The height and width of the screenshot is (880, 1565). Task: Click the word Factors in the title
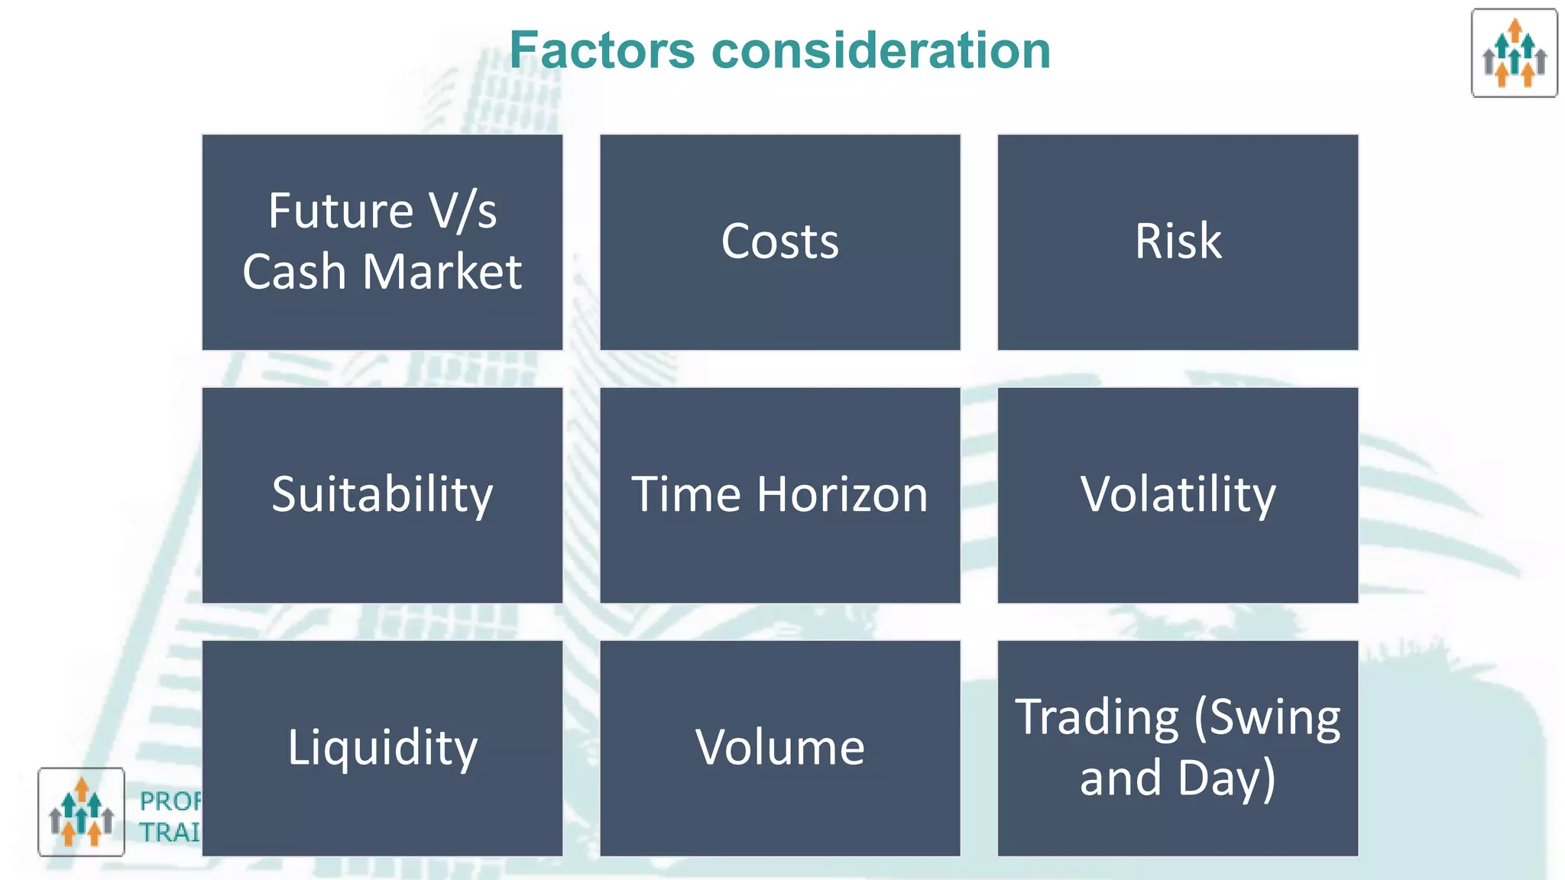[602, 50]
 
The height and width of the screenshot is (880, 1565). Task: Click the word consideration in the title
[881, 50]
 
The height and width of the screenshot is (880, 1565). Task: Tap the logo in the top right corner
[1514, 53]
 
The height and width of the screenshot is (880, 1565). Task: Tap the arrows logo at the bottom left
[81, 812]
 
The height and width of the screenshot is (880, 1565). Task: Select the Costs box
[779, 242]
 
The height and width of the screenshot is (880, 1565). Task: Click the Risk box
[1178, 242]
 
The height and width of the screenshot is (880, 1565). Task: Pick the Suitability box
[382, 495]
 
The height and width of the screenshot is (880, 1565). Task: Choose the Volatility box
[1178, 495]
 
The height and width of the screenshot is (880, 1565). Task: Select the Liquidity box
[382, 748]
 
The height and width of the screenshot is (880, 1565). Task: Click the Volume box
[779, 748]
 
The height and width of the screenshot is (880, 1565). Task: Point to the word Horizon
[842, 494]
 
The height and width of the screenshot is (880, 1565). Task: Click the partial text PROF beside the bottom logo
[170, 801]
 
